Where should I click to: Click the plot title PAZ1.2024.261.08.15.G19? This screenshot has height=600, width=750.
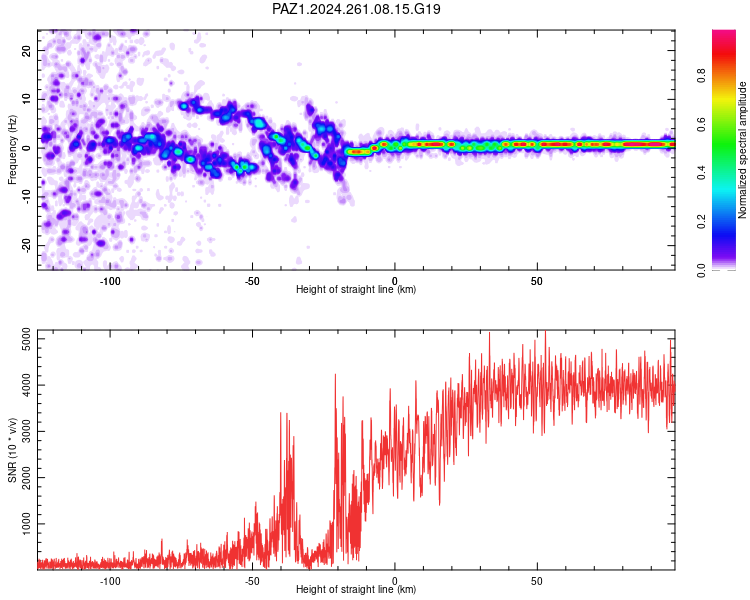click(x=356, y=9)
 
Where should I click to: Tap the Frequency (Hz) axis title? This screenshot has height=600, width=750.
click(x=12, y=150)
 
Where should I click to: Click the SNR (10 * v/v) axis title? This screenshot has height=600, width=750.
click(x=12, y=450)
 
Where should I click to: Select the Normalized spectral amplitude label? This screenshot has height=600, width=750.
click(x=742, y=150)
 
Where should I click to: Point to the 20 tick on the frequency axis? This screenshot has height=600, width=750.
click(x=26, y=50)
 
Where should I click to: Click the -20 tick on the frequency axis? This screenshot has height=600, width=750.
click(x=26, y=246)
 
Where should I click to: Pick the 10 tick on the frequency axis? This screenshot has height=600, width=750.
click(x=26, y=99)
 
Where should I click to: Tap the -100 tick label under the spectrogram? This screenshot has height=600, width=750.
click(x=110, y=281)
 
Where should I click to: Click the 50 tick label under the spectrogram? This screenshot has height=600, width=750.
click(x=537, y=281)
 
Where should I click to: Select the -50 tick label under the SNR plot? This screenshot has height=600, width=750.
click(x=252, y=581)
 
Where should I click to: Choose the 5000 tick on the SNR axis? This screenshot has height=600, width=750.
click(x=26, y=339)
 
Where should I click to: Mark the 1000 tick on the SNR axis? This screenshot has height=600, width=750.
click(x=26, y=524)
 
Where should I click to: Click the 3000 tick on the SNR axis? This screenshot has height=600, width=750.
click(x=26, y=432)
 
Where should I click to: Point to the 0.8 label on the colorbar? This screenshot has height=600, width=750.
click(x=701, y=76)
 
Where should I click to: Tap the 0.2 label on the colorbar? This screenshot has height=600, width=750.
click(x=701, y=222)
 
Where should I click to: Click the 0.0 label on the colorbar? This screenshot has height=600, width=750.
click(x=701, y=270)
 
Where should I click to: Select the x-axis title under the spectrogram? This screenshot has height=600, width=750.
click(x=356, y=289)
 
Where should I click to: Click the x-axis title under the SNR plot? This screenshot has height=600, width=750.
click(x=356, y=589)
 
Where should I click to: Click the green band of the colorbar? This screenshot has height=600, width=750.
click(x=724, y=158)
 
